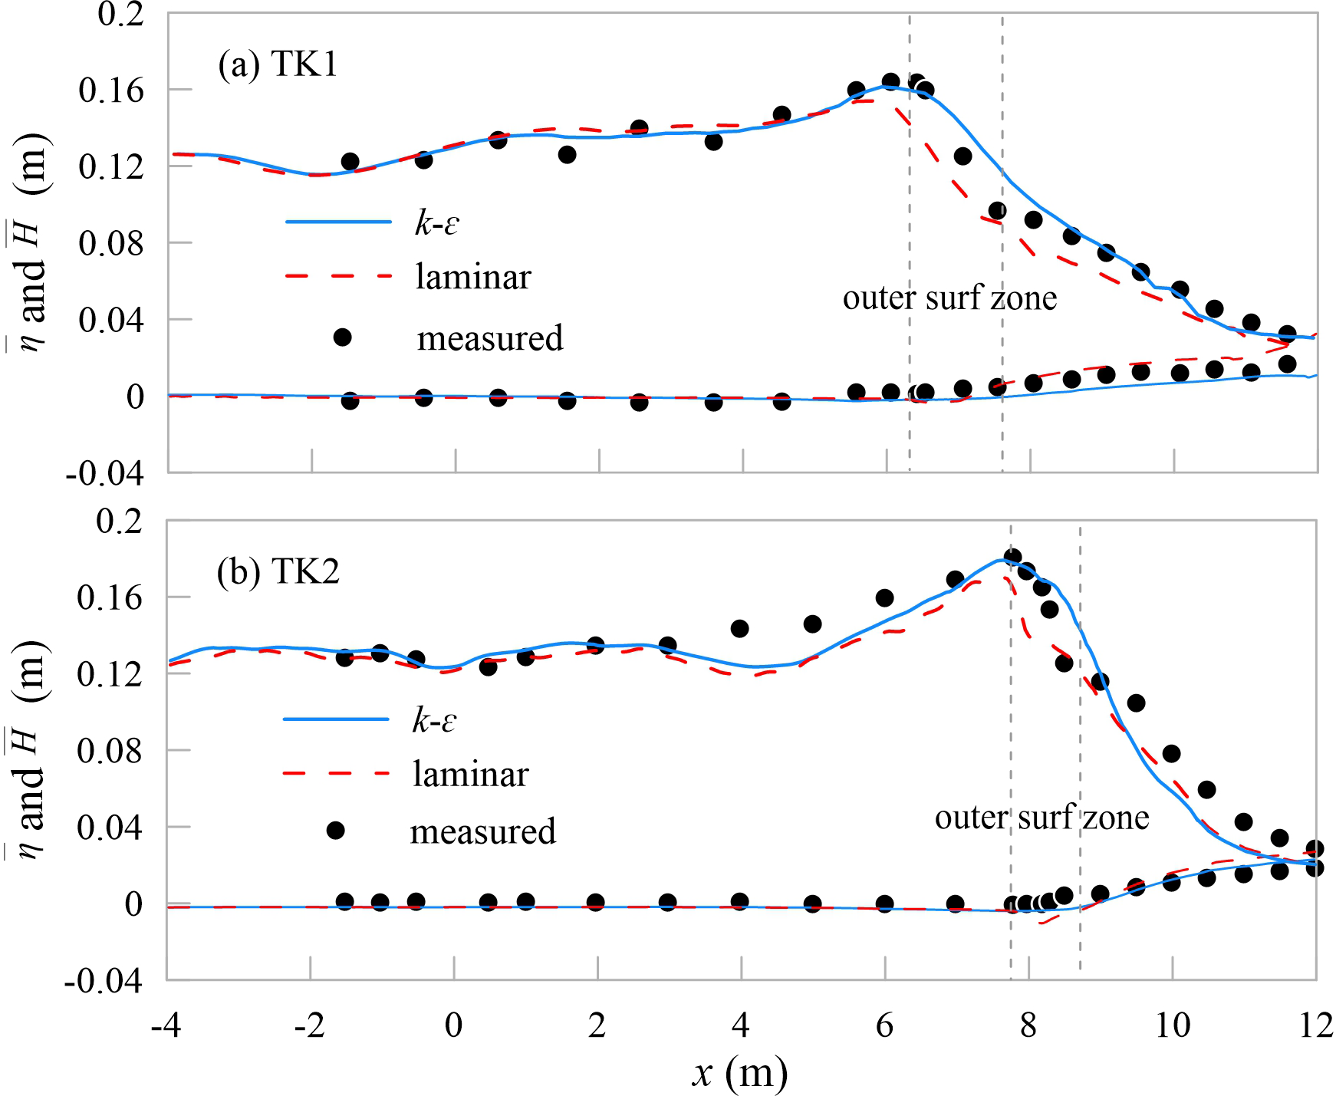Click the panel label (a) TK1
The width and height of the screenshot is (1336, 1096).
[x=277, y=64]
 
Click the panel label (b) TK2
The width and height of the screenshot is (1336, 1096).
[x=278, y=572]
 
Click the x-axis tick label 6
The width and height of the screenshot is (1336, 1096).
[x=884, y=1025]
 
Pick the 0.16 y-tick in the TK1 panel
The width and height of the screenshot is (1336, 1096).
[x=111, y=91]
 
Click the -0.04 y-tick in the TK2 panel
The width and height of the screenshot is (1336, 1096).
[x=104, y=982]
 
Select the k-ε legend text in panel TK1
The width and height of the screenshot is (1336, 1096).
[x=436, y=222]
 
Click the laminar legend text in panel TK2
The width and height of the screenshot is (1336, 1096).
[x=470, y=775]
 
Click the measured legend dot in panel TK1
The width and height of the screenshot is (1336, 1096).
[x=343, y=337]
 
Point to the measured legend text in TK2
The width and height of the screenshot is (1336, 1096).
[x=482, y=831]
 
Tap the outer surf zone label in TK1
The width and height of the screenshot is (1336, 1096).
[x=949, y=298]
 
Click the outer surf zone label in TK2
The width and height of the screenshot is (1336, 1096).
[x=1041, y=818]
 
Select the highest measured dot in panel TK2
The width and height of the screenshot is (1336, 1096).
[x=1012, y=557]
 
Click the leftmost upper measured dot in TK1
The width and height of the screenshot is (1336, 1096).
[x=350, y=162]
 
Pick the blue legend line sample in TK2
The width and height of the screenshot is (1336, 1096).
[x=336, y=719]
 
